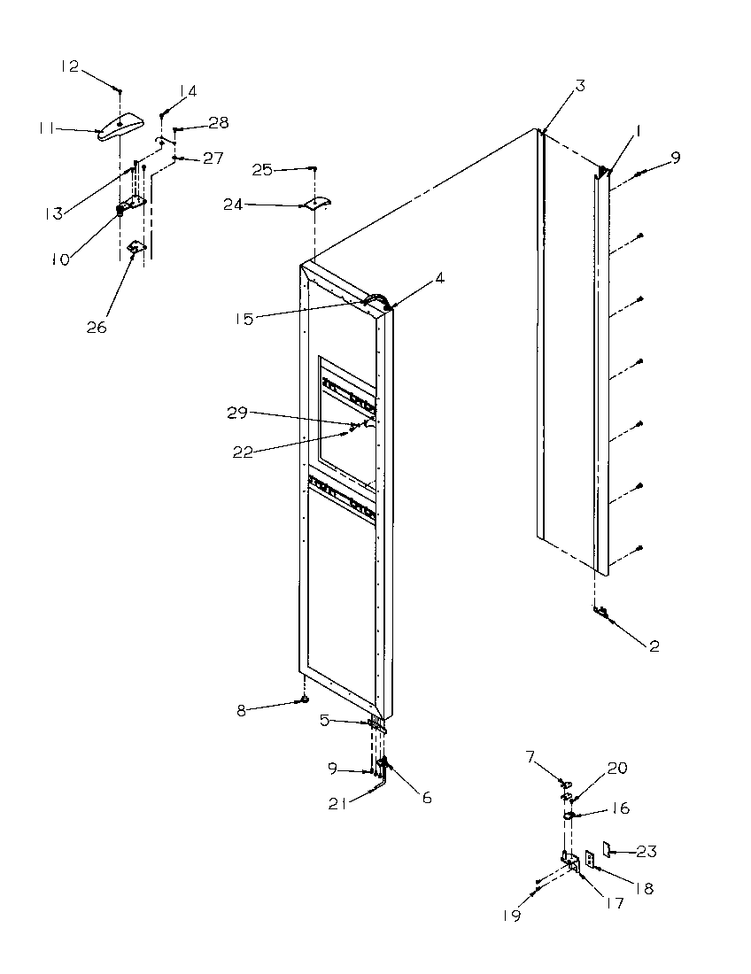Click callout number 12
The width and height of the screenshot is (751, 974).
pos(69,66)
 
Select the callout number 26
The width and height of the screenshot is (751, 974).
pos(96,327)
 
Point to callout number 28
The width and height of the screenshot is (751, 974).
pos(218,122)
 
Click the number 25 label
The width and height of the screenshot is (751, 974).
pos(261,169)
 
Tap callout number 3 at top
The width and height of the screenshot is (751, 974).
pos(579,86)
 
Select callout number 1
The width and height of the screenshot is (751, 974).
pos(638,130)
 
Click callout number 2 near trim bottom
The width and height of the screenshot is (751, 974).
pos(654,646)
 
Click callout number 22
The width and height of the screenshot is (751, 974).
pos(243,452)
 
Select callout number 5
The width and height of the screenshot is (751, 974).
pos(325,721)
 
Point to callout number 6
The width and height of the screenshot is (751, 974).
pos(426,798)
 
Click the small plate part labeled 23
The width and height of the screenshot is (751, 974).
pos(608,849)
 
